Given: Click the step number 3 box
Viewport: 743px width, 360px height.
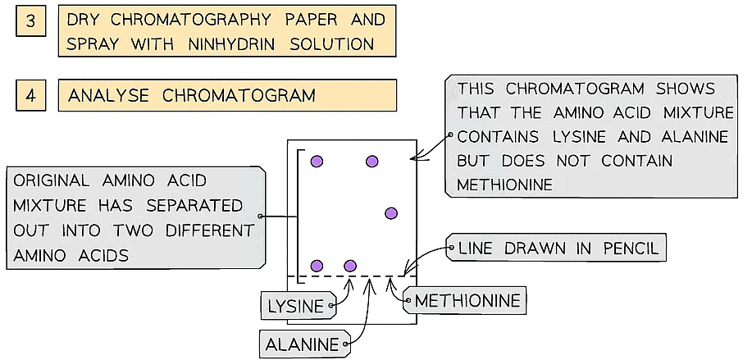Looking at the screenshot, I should pos(30,20).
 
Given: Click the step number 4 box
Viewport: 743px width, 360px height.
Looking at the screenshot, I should pos(30,95).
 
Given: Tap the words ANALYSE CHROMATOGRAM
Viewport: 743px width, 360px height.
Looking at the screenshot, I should pos(192,95).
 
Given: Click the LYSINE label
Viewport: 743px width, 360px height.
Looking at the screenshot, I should pos(296,307).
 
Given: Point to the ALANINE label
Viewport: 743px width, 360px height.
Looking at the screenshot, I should pos(303,344).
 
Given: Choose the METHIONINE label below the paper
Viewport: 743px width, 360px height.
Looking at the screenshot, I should pos(467,301).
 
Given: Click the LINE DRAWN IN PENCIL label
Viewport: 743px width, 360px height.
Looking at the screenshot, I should pos(558,248).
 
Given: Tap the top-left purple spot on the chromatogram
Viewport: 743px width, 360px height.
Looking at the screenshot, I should pos(317,162).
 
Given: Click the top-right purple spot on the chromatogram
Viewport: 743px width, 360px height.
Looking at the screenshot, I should pos(372,162).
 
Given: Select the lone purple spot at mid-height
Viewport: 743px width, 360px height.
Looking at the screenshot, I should pos(391,213).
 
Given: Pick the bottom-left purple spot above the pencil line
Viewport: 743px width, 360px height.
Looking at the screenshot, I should pos(317,266).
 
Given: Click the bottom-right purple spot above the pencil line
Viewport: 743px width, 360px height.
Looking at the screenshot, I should pos(350,266).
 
